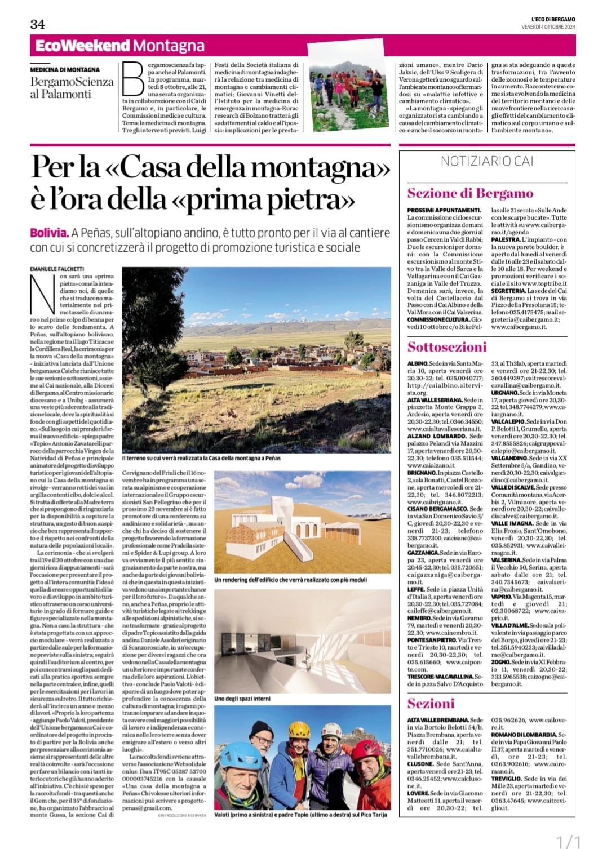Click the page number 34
click(x=38, y=24)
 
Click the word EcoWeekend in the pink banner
click(x=83, y=46)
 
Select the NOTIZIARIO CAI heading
click(x=487, y=161)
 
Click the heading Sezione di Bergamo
click(x=470, y=193)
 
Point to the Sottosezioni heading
click(x=447, y=346)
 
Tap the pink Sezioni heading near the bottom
click(x=431, y=703)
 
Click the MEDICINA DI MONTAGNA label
click(x=65, y=70)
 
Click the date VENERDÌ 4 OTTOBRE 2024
click(x=547, y=27)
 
